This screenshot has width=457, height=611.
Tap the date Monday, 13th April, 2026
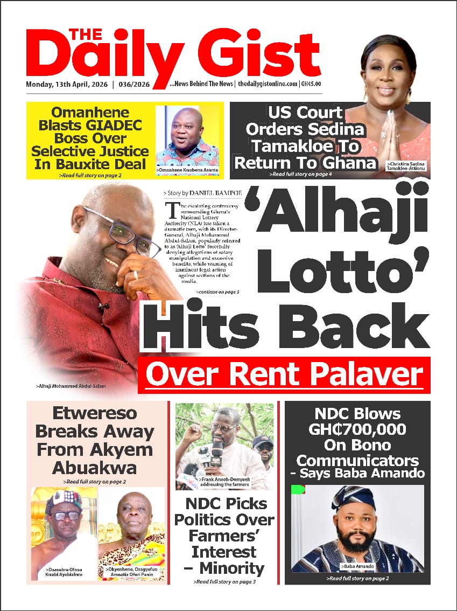coord(67,85)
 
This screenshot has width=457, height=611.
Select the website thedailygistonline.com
coord(268,85)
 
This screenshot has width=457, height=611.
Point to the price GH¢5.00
coord(311,85)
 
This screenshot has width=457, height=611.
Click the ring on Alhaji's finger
coord(136,275)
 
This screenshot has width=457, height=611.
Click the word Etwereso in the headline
coord(95,414)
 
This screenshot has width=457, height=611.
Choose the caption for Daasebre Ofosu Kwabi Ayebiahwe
coord(64,572)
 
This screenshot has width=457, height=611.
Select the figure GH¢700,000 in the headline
coord(357,430)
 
